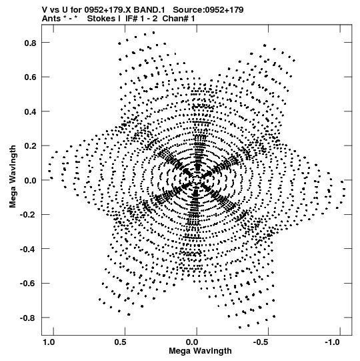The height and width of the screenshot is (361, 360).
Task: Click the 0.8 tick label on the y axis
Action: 31,43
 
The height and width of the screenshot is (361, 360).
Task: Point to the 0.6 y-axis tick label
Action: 31,77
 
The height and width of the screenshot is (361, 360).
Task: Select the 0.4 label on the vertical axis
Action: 31,111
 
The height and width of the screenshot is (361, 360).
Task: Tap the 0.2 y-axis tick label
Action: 31,146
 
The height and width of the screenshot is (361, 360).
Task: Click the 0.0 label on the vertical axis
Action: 31,180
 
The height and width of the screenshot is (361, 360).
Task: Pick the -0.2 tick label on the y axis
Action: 28,215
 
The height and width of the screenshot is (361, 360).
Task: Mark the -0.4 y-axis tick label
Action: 28,249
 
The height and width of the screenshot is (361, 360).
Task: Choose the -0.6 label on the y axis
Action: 28,283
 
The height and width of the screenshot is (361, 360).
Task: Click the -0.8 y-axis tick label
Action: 28,318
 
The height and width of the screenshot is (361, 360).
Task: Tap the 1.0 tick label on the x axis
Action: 49,342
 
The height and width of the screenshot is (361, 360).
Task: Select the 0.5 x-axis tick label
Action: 120,342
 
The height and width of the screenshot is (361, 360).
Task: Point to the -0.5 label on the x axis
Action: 261,342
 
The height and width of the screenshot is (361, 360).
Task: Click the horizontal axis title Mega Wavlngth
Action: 200,351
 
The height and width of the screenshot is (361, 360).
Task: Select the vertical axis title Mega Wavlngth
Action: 13,177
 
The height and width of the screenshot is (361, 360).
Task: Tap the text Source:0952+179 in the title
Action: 208,9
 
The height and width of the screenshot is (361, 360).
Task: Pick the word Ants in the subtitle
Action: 51,19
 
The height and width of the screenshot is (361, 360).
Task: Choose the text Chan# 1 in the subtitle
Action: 179,19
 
